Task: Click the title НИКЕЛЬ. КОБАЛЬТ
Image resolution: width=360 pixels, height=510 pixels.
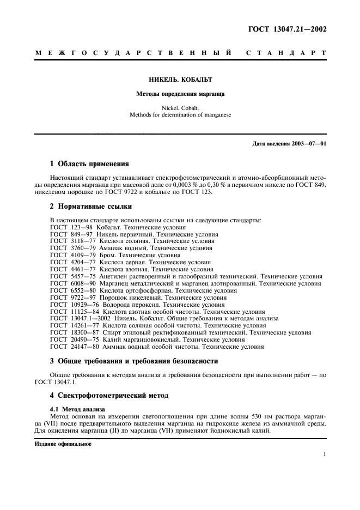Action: [180, 79]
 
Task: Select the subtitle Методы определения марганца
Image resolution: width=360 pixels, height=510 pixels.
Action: [180, 94]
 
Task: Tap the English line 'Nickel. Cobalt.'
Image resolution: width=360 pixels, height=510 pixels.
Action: [180, 108]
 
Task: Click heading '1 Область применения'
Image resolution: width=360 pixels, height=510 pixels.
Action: [89, 163]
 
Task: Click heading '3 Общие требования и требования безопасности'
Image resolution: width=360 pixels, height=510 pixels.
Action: [134, 361]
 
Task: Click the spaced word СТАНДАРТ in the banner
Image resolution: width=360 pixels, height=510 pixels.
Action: [286, 53]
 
